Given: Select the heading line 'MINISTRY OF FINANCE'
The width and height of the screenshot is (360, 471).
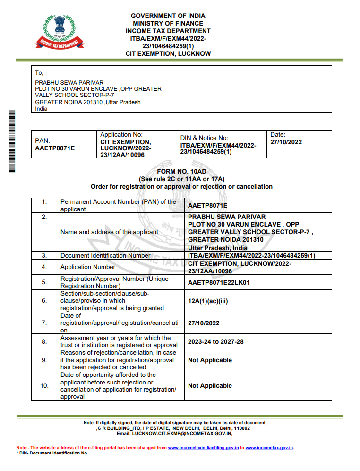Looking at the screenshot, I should pos(168,23).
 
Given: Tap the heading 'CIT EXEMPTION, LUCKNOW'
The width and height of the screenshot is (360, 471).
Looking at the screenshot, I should pos(168,54).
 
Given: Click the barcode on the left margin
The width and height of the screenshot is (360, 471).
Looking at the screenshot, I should pos(12,141).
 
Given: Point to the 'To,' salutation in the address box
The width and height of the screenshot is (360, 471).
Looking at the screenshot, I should pos(39,73).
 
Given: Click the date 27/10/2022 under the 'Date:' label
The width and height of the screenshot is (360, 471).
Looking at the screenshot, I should pos(286,142).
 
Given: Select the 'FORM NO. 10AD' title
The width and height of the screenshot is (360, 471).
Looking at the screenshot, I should pos(182,172).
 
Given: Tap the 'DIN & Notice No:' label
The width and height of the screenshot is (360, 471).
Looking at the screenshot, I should pos(204,138).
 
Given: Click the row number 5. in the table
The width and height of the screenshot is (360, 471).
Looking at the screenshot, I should pos(44,282).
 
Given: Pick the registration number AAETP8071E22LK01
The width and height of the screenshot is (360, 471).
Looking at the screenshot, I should pos(219,282).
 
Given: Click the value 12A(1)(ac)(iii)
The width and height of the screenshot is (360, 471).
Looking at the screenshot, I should pos(208,301).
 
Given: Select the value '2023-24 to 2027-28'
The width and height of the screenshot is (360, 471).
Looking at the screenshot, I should pos(216,341).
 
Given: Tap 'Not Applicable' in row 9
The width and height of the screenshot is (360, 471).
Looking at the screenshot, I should pos(210,360).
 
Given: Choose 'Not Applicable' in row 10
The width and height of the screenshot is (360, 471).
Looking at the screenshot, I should pos(210,386).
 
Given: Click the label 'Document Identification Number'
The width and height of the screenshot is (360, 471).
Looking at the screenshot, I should pos(105,255).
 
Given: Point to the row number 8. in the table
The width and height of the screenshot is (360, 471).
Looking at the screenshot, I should pos(44,341).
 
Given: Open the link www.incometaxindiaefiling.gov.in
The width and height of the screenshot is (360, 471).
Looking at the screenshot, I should pos(203,447).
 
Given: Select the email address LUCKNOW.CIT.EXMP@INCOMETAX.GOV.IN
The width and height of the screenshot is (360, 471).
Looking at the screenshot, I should pos(181,433).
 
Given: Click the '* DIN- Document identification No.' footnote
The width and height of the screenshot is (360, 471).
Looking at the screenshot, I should pos(52,453).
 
